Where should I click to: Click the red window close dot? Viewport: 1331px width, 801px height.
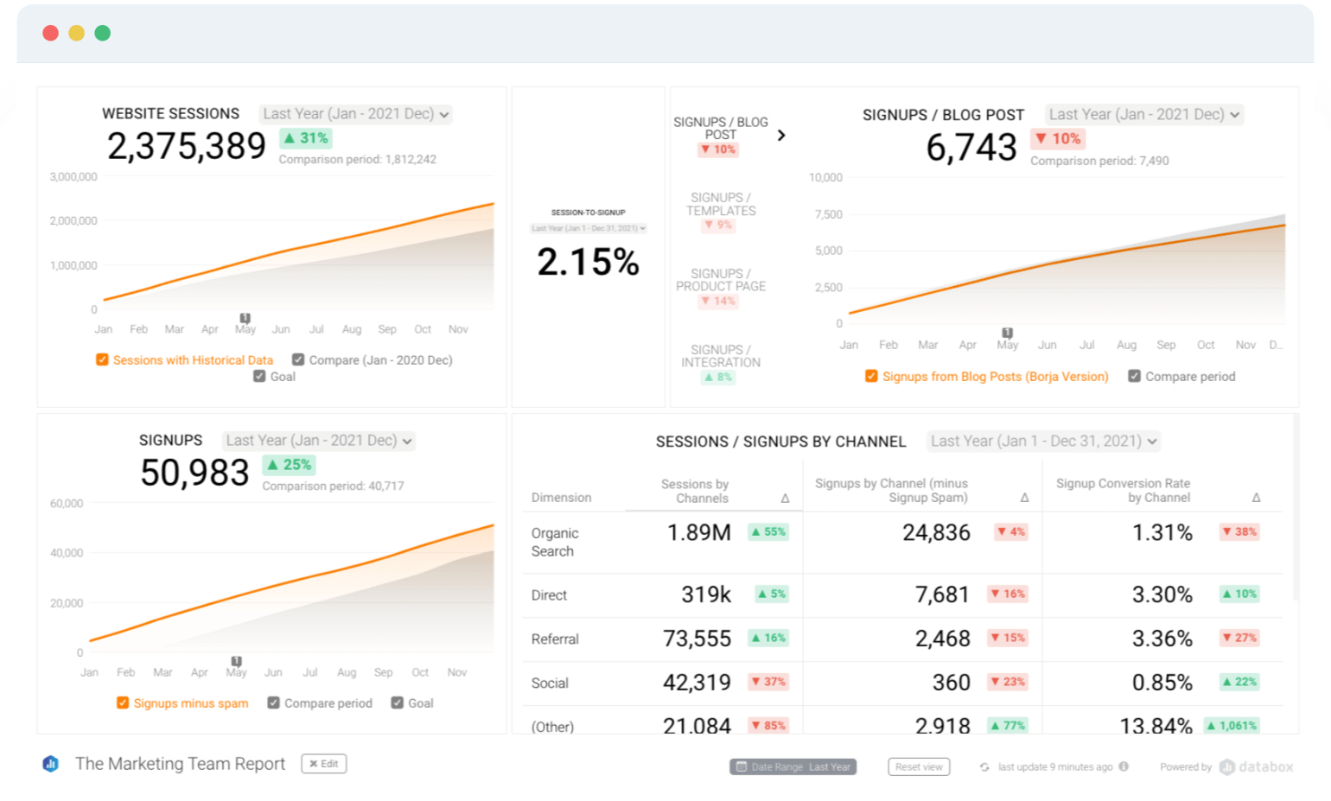click(50, 33)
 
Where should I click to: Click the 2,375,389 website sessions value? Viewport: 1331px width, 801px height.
click(186, 146)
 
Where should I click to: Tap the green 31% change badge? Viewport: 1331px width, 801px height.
click(306, 138)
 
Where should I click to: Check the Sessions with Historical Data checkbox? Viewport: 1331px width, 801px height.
click(102, 359)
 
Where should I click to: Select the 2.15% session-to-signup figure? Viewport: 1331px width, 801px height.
click(588, 262)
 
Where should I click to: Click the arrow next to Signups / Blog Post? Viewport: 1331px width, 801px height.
click(781, 136)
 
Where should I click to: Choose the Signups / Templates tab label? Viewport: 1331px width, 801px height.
click(721, 204)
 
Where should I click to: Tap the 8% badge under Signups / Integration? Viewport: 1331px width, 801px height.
click(718, 378)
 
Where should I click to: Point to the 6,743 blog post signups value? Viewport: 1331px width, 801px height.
click(971, 148)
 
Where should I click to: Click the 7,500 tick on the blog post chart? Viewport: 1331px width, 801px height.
click(828, 214)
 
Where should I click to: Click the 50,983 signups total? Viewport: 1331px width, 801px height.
click(194, 473)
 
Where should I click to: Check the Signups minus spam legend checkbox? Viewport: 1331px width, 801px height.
click(123, 703)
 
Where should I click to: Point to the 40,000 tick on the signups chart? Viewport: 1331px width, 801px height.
click(67, 553)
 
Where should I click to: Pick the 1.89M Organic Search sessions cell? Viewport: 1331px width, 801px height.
click(698, 532)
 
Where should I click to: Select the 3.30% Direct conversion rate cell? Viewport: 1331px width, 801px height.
click(1162, 594)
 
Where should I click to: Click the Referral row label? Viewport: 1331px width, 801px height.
click(555, 639)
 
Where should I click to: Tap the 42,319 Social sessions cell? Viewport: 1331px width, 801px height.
click(697, 683)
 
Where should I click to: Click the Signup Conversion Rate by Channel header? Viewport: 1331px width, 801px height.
click(1123, 490)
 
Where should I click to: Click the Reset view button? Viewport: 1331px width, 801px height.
click(918, 767)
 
